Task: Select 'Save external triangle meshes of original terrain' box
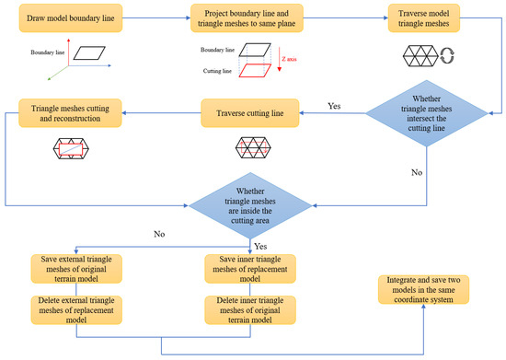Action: [75, 269]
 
